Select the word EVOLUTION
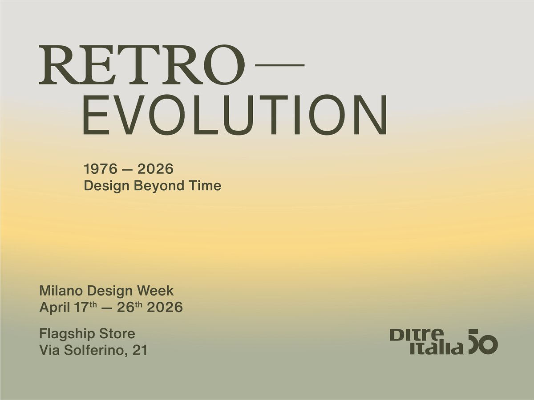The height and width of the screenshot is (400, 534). [x=235, y=116]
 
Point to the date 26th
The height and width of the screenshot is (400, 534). [x=129, y=307]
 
